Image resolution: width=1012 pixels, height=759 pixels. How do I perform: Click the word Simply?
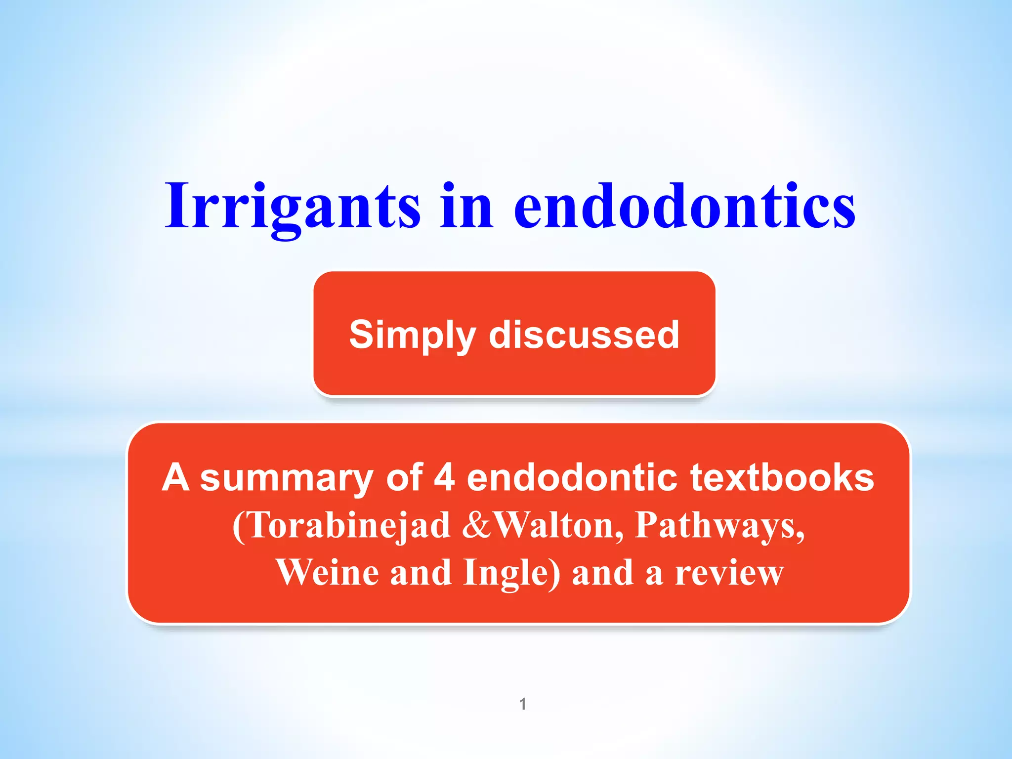tap(412, 335)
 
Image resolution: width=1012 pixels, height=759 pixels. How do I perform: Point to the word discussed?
tap(584, 335)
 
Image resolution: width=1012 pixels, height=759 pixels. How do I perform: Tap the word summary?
tap(287, 478)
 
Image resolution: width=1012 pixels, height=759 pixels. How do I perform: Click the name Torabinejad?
tap(349, 525)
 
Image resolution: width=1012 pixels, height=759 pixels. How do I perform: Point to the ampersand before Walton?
tap(477, 525)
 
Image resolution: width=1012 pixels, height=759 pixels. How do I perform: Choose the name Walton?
tap(559, 525)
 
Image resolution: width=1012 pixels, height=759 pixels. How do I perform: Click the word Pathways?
tap(719, 526)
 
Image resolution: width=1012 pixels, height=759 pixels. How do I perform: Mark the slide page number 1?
tap(523, 704)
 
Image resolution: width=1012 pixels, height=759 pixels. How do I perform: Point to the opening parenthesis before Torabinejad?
tap(238, 526)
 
